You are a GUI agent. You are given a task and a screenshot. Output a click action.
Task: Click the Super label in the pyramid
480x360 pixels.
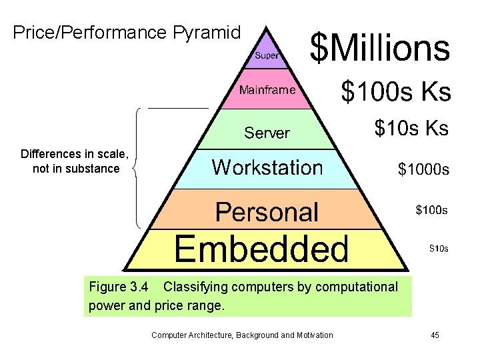pos(267,55)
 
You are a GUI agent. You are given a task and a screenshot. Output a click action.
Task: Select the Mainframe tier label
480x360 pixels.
pos(267,90)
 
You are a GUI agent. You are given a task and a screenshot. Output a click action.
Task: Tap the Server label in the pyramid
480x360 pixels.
pos(267,133)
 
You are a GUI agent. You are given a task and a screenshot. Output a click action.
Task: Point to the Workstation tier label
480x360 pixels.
pos(267,167)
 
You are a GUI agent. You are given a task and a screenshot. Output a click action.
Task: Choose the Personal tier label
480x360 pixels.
pos(267,212)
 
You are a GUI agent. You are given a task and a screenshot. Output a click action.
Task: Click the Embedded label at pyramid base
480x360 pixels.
pos(261,249)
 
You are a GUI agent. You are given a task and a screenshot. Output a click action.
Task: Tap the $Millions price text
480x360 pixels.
pos(381,47)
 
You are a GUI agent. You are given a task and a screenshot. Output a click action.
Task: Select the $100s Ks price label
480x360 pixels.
pos(396,91)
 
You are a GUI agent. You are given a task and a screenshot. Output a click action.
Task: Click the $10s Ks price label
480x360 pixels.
pos(411,128)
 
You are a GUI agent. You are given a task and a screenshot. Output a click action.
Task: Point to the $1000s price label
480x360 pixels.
pos(423,170)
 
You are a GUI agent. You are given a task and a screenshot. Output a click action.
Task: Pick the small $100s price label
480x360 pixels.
pos(431,211)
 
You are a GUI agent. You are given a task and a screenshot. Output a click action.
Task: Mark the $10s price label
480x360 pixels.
pos(438,249)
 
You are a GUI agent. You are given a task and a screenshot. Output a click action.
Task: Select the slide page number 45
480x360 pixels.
pos(435,335)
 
